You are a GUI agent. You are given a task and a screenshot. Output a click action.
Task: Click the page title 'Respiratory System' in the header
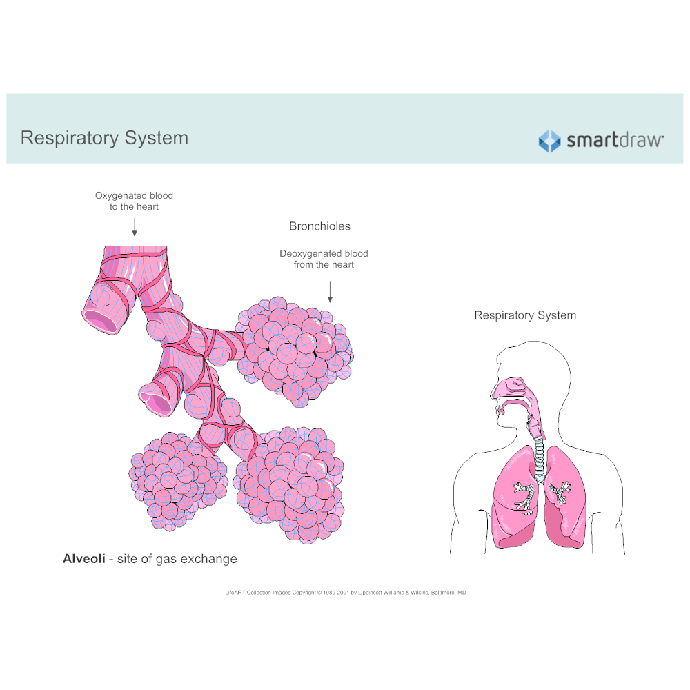pos(104,138)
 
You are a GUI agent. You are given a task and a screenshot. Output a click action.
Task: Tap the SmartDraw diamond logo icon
pos(549,141)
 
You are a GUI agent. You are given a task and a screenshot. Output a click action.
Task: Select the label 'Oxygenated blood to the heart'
pos(134,201)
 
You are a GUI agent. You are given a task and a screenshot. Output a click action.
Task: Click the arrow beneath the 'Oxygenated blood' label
pos(134,227)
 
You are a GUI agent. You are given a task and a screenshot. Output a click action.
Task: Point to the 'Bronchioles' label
pos(319,226)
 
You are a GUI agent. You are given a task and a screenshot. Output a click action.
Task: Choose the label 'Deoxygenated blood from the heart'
pos(324,259)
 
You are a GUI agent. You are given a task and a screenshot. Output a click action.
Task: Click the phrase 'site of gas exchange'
pos(177,559)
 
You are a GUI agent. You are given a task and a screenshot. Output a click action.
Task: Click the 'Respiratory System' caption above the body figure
pos(524,315)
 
